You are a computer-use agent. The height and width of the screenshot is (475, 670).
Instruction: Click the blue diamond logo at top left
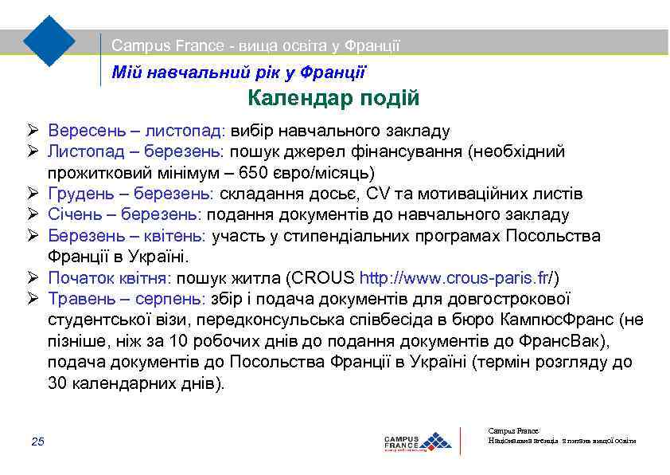point(49,39)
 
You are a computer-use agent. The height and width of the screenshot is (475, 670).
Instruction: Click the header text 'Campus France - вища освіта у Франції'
point(255,46)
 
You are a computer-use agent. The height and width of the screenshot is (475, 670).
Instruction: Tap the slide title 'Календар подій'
point(333,99)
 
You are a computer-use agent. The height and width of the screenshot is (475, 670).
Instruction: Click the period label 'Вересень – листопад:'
point(137,131)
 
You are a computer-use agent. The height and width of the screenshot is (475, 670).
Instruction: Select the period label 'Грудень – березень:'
point(130,194)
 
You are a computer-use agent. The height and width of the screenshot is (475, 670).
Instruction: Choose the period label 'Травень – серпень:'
point(127,299)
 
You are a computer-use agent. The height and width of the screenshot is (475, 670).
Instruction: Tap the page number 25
point(37,442)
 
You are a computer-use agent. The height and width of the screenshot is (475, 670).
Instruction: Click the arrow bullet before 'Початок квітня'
point(32,278)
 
